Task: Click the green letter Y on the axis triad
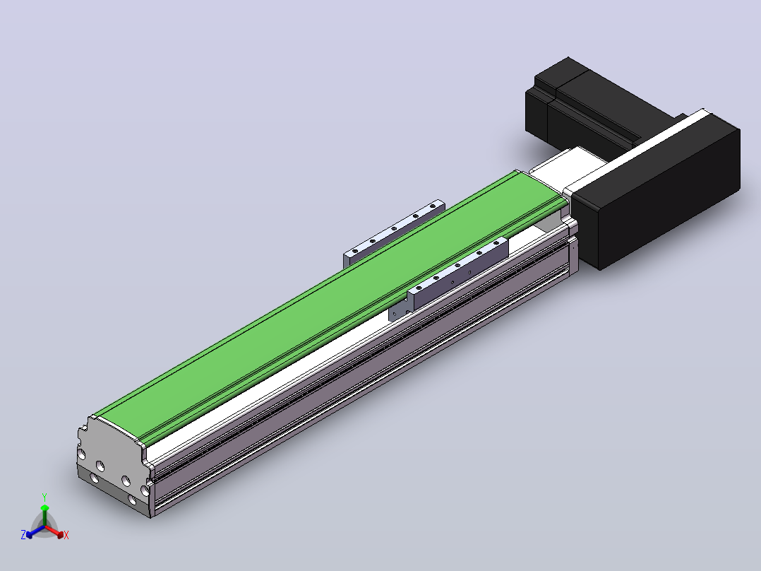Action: [x=44, y=497]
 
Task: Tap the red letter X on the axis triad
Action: [x=66, y=535]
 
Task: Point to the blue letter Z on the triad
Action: [x=23, y=534]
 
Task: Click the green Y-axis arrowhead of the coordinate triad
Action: [x=44, y=508]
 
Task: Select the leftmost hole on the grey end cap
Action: [x=82, y=454]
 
